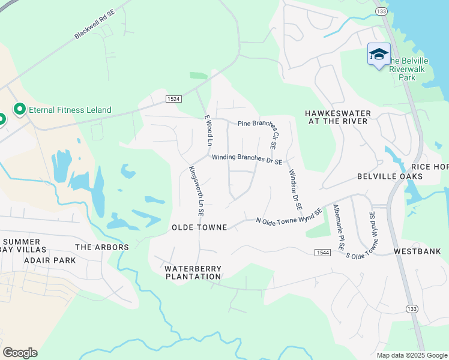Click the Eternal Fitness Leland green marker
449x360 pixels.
point(19,109)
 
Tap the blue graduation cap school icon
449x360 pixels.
point(379,55)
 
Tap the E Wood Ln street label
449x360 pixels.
point(209,131)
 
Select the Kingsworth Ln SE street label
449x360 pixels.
point(197,191)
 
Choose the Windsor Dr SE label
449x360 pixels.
point(295,188)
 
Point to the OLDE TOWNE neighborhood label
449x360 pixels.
point(199,227)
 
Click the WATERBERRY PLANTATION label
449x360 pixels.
point(193,272)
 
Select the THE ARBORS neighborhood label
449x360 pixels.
point(101,247)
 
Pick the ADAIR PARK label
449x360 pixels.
point(50,260)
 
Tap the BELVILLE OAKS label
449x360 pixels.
point(390,176)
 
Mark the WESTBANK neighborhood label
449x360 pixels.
point(417,251)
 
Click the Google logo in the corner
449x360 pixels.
point(20,353)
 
